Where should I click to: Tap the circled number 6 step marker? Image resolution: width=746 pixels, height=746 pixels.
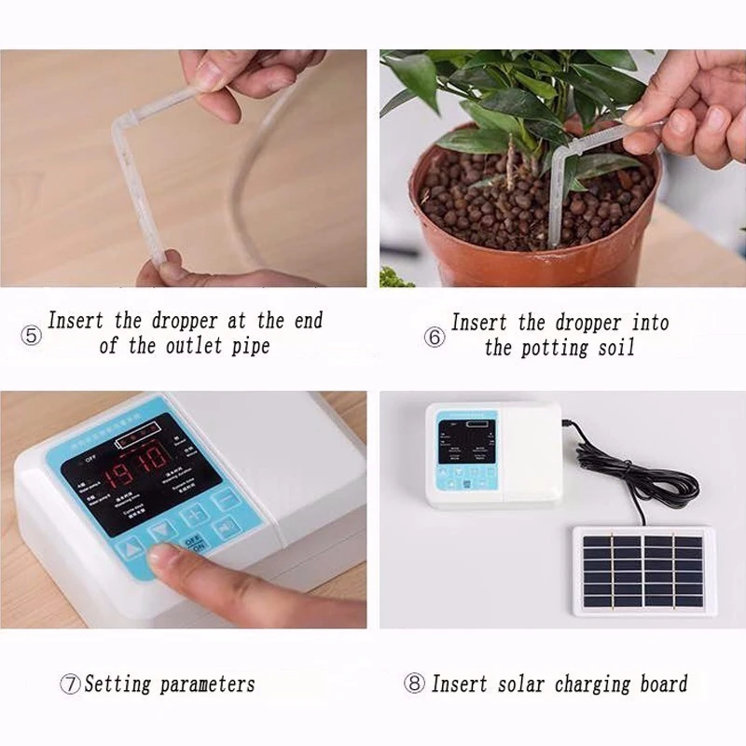435,338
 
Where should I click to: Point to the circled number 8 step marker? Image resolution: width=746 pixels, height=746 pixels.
415,684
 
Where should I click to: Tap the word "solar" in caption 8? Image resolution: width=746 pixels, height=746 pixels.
518,684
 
